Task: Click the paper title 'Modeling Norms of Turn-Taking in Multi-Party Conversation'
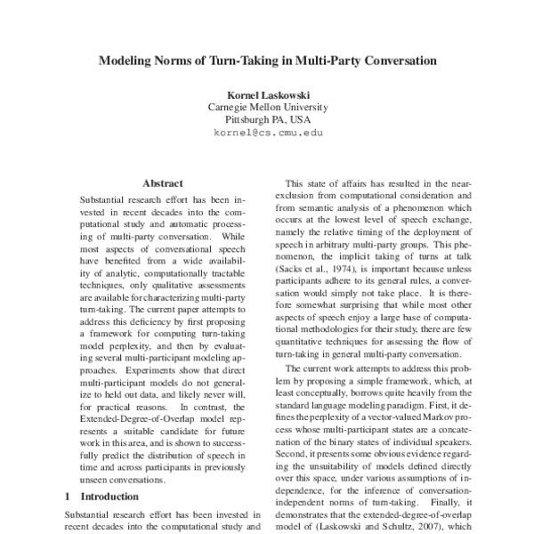click(267, 63)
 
